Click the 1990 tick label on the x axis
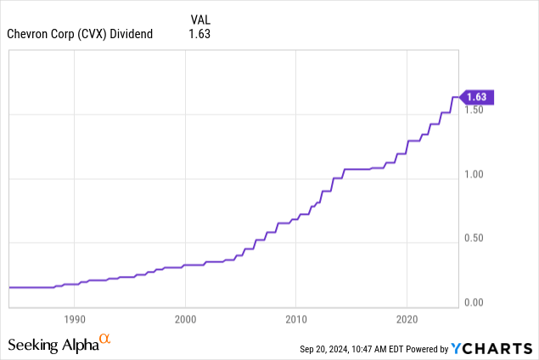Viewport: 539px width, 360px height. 75,319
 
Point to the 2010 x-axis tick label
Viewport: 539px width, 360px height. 295,319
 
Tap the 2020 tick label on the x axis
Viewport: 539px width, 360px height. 407,319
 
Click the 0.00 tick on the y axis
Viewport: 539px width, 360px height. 474,302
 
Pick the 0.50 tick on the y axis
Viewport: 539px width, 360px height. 474,238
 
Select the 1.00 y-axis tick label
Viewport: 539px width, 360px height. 474,174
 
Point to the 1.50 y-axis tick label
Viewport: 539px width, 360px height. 474,110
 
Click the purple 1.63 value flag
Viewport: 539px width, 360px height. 476,97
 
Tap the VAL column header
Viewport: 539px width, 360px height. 199,18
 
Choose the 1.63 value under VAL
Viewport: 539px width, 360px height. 199,34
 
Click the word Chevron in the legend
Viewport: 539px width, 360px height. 26,34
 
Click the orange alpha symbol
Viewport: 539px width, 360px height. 105,340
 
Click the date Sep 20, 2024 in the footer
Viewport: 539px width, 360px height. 328,349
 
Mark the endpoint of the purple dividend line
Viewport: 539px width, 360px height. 458,97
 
